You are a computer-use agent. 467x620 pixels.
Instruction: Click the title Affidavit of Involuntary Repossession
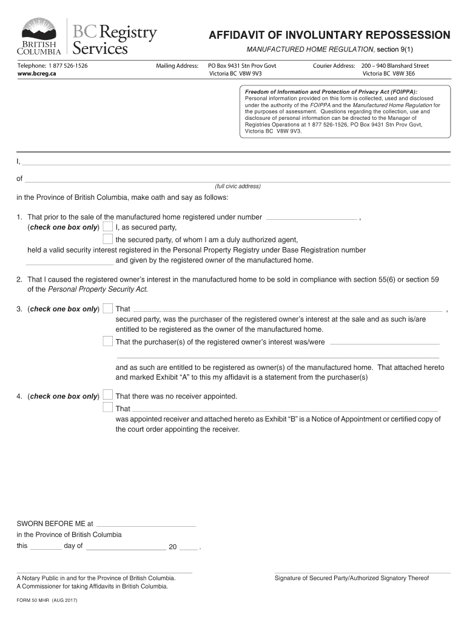click(329, 35)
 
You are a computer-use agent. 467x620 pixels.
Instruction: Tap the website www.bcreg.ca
click(35, 73)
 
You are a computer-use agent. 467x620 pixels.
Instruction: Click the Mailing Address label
click(177, 65)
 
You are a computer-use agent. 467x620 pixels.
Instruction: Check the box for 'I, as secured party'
click(107, 227)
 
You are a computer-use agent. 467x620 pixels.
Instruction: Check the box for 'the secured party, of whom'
click(107, 239)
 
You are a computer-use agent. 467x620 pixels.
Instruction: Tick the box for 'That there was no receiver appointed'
click(107, 396)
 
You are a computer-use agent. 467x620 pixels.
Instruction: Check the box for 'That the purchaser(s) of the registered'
click(107, 341)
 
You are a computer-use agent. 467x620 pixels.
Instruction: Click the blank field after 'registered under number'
click(312, 217)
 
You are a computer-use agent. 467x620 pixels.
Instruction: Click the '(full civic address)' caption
click(237, 186)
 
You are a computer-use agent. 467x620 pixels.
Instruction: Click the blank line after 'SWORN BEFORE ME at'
click(146, 524)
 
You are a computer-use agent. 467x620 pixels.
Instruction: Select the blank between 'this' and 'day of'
click(45, 546)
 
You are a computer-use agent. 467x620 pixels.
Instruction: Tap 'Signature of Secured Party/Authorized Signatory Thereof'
click(352, 578)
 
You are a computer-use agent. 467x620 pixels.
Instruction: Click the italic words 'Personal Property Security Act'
click(97, 289)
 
